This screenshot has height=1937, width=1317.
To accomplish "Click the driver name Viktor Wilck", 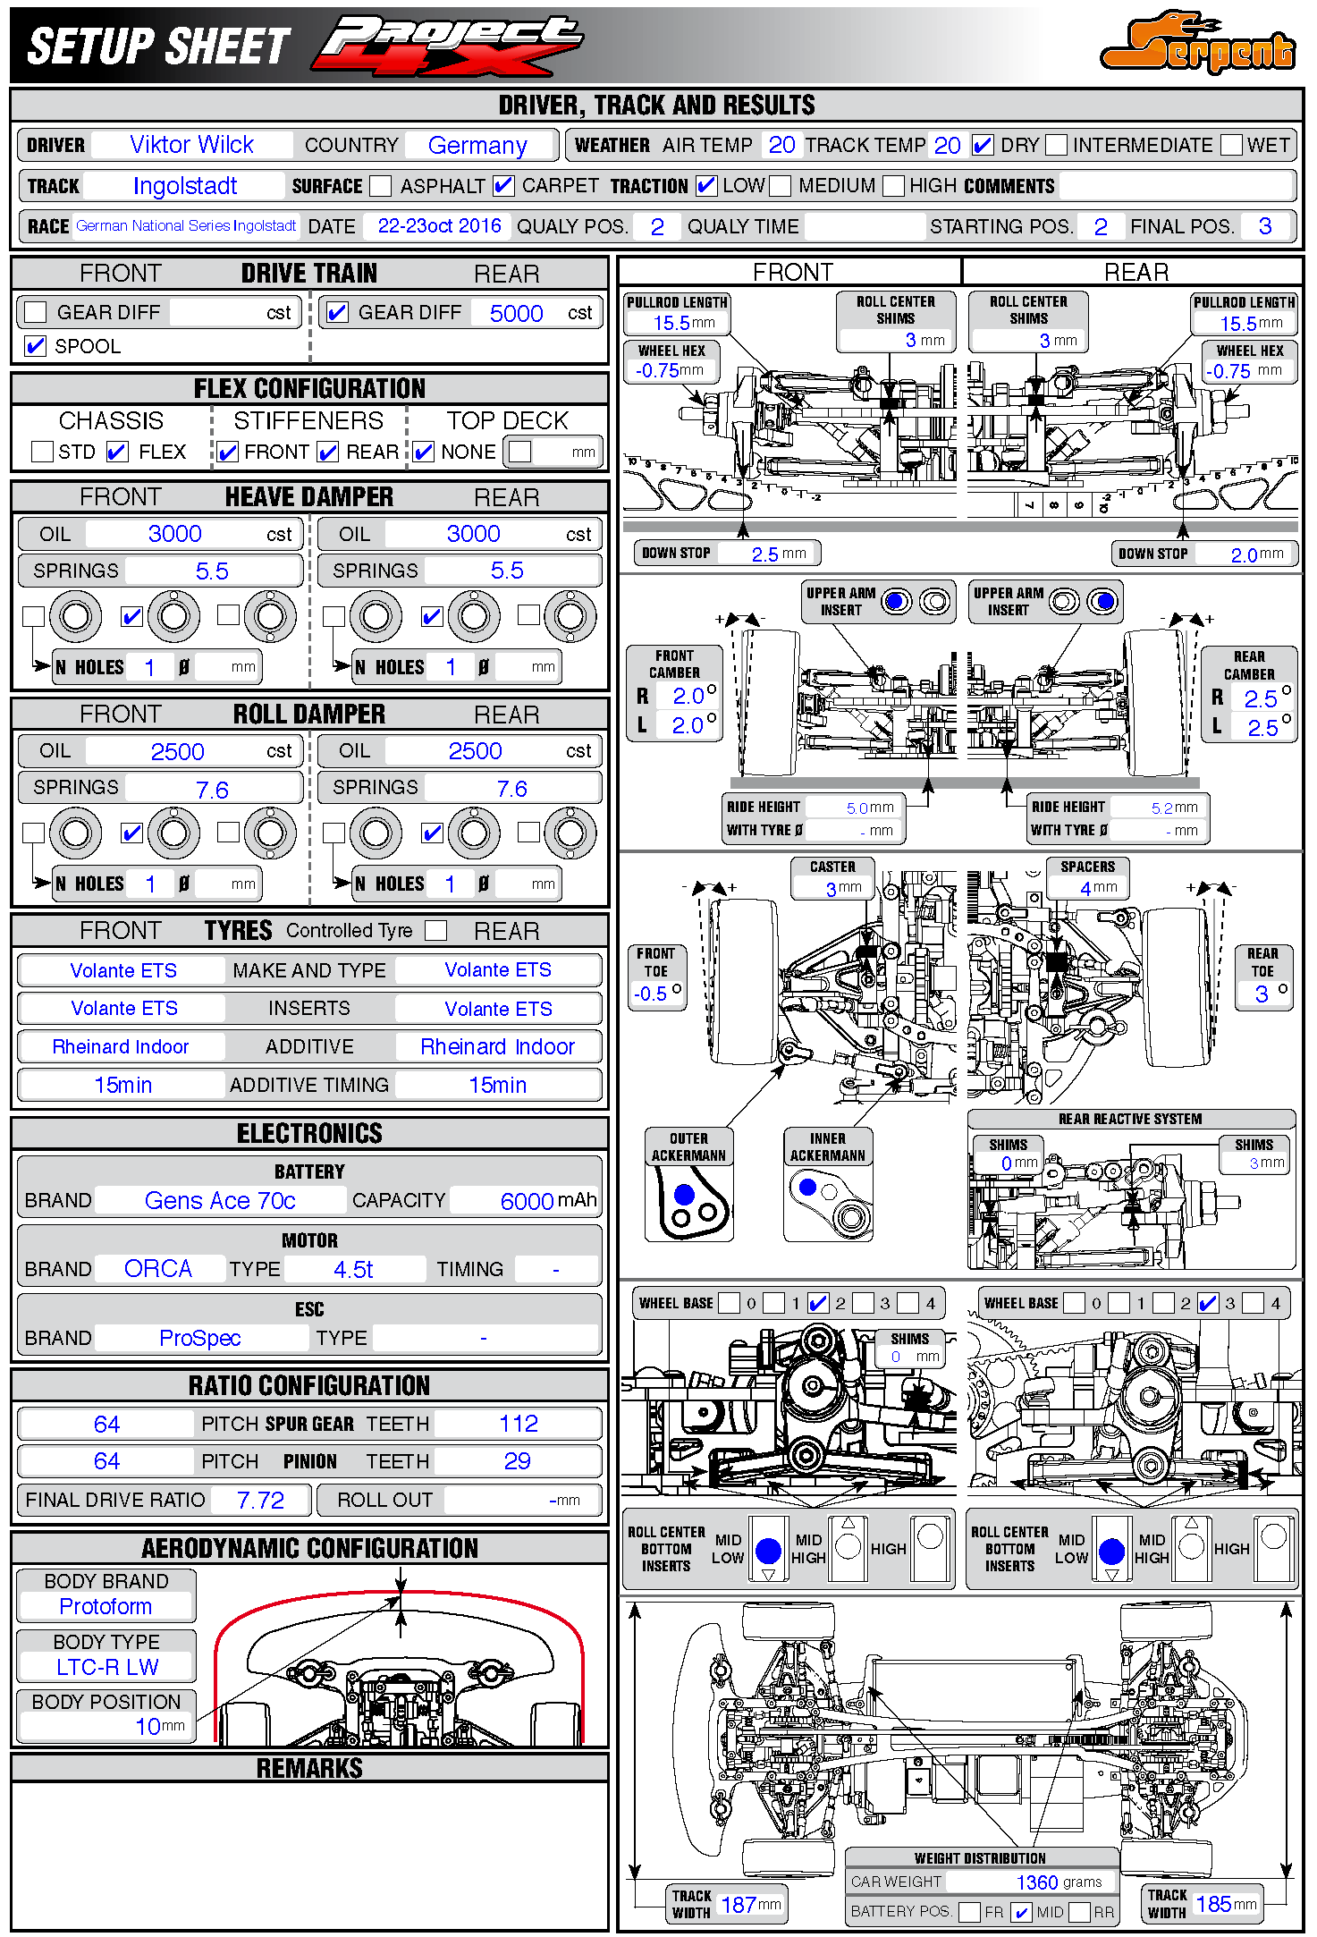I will click(191, 145).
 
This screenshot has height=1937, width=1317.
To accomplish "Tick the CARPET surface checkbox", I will click(503, 186).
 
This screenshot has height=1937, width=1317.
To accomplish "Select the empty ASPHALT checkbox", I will click(381, 186).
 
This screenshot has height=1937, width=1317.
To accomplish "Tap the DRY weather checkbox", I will click(982, 145).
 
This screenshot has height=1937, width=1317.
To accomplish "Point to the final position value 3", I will click(1264, 226).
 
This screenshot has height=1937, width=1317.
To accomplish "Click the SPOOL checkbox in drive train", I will click(36, 346).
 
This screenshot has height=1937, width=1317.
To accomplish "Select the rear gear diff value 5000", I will click(516, 313).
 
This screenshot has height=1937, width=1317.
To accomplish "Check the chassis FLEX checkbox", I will click(117, 452).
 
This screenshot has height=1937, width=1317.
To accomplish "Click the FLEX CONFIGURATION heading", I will click(309, 388).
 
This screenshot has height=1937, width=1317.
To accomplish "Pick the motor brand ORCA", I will click(158, 1269).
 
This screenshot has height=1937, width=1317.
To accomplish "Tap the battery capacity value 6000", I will click(527, 1201).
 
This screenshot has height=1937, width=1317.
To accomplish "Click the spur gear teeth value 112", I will click(518, 1424).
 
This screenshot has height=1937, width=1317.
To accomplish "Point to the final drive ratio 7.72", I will click(260, 1500).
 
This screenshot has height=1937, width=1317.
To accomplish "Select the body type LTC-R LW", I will click(107, 1667).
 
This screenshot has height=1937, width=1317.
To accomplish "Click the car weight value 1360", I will click(1037, 1882).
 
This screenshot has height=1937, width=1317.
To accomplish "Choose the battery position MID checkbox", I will click(1021, 1912).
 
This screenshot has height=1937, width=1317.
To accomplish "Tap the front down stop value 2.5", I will click(764, 554).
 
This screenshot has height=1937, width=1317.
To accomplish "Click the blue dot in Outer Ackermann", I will click(685, 1194).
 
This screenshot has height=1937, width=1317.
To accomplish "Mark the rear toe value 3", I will click(1261, 994).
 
